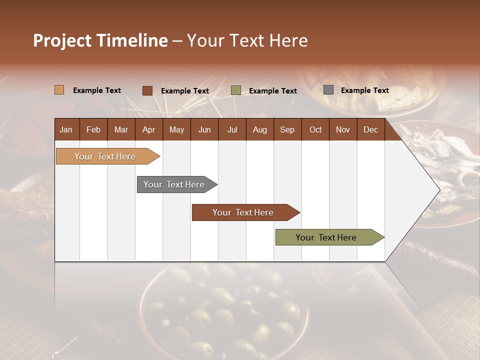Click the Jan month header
pyautogui.click(x=66, y=129)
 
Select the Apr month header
pyautogui.click(x=148, y=129)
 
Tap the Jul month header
pyautogui.click(x=232, y=129)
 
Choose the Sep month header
pyautogui.click(x=287, y=129)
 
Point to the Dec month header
pyautogui.click(x=370, y=129)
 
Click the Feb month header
pyautogui.click(x=93, y=129)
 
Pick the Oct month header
pyautogui.click(x=315, y=129)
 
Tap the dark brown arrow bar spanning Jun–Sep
pyautogui.click(x=243, y=212)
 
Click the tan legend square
pyautogui.click(x=59, y=90)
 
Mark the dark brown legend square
pyautogui.click(x=147, y=90)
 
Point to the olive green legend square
pyautogui.click(x=235, y=90)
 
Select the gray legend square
pyautogui.click(x=328, y=90)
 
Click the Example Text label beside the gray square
pyautogui.click(x=364, y=90)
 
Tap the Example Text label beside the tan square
pyautogui.click(x=97, y=90)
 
